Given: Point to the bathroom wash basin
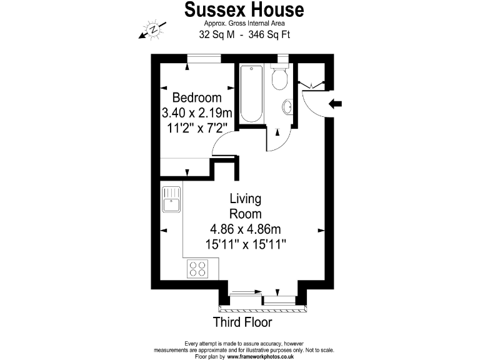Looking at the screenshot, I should point(288,107).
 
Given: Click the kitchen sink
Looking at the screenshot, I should point(171,199).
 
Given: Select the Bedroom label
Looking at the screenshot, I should point(197,98).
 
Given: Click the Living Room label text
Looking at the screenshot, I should point(245,206).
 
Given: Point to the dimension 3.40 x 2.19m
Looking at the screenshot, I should point(197,113).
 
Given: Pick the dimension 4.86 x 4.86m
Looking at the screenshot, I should point(245,229).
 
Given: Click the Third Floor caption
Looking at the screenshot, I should point(242,322).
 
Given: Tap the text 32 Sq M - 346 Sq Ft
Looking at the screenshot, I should point(244,36).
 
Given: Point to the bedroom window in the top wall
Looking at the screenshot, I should point(204,59).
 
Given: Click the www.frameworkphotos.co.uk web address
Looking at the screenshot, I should point(261,356).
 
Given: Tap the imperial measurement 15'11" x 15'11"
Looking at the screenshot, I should point(245,244).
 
